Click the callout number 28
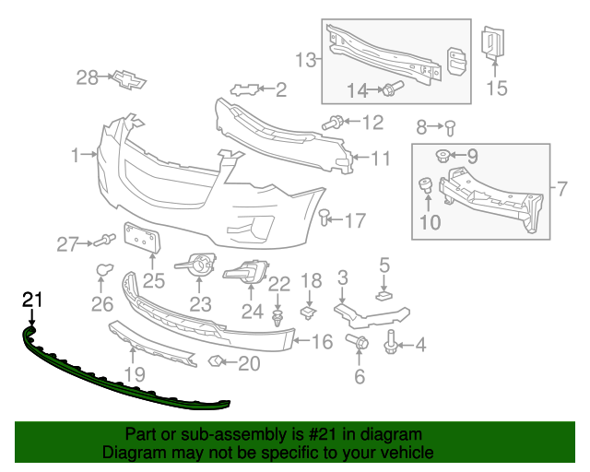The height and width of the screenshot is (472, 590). [x=87, y=78]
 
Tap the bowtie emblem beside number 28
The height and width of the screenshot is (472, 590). [x=128, y=78]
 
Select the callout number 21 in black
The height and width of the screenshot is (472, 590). [x=32, y=299]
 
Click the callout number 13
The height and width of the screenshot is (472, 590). [x=305, y=61]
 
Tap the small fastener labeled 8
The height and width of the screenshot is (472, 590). [x=450, y=126]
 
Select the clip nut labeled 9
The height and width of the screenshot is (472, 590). [x=443, y=155]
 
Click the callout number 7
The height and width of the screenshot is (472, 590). [x=560, y=191]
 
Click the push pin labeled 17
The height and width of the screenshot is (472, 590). [x=324, y=218]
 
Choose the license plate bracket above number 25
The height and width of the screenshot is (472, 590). [x=141, y=238]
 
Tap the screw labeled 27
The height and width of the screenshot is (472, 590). [x=104, y=242]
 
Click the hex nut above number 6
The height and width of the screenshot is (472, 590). [x=359, y=343]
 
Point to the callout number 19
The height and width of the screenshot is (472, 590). [x=136, y=375]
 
